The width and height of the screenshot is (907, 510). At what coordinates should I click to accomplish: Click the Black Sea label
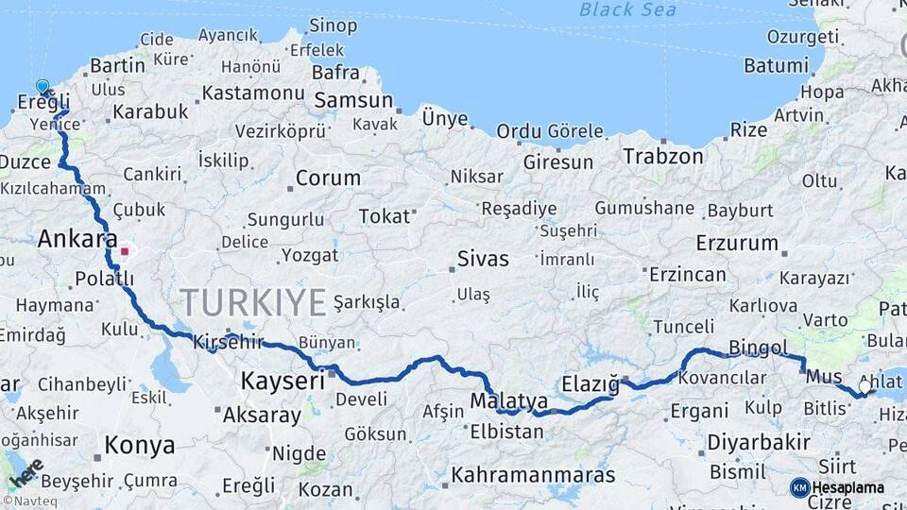point(628,9)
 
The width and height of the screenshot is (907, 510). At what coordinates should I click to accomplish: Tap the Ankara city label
point(77,240)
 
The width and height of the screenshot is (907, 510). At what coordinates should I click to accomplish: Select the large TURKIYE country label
point(253,302)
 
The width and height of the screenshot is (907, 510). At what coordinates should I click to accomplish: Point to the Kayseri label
point(283,381)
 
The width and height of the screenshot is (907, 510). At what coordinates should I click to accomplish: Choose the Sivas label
point(483,259)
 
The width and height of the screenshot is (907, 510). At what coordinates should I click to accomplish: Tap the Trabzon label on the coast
point(663,157)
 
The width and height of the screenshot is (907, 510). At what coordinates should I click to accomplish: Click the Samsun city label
point(353,100)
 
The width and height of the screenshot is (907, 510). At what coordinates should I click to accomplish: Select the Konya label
point(139,445)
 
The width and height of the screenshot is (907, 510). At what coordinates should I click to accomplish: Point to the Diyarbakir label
point(759,442)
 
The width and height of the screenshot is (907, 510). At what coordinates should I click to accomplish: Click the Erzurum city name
point(737,244)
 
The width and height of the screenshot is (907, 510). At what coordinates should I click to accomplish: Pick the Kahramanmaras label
point(533,475)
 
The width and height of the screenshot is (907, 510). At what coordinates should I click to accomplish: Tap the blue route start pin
point(43,88)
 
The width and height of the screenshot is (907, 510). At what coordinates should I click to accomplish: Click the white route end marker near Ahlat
point(864,386)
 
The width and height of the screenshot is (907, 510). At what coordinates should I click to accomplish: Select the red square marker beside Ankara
point(125,252)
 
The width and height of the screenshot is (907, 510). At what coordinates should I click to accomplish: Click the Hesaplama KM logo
point(837,487)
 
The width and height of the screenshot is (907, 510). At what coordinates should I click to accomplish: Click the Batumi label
point(777,66)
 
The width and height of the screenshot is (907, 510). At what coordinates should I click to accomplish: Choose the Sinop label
point(334,25)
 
